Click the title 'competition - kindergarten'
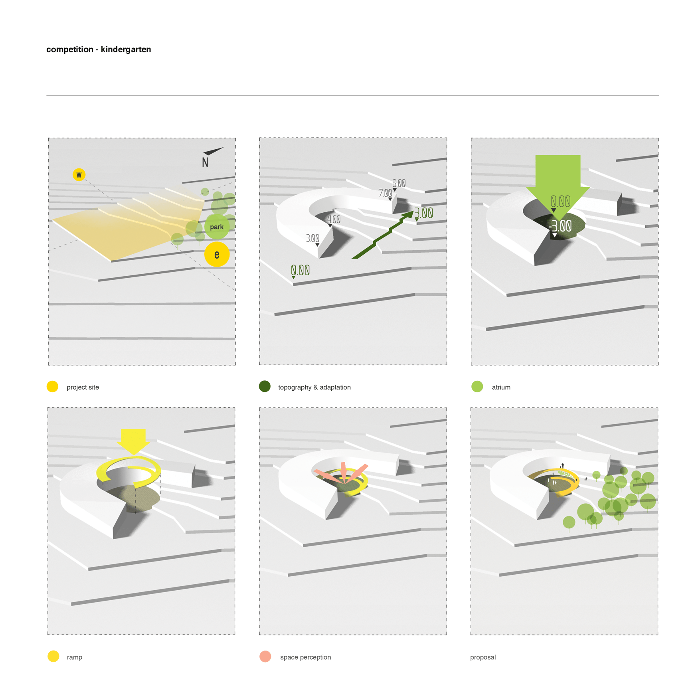99,49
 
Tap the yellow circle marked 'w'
79,175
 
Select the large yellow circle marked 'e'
217,255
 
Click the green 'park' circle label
217,227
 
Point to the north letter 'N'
205,162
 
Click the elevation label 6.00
399,183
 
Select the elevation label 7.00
386,193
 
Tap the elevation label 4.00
334,219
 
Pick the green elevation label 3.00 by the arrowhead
423,213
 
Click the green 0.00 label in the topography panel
300,270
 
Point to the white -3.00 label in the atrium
560,226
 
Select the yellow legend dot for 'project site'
52,386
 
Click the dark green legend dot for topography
265,386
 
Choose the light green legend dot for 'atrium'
477,386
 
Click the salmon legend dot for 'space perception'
265,656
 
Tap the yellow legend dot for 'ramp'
53,656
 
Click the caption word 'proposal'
483,657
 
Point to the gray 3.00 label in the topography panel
312,238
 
